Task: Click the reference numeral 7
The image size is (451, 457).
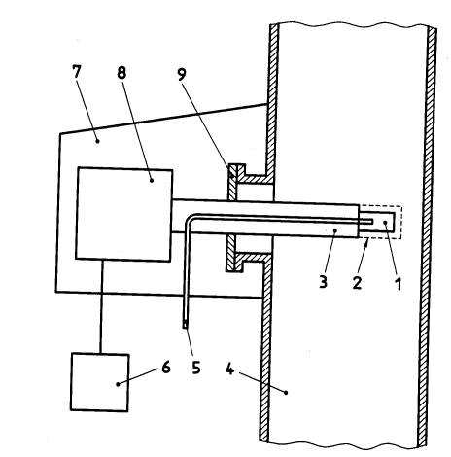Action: [76, 72]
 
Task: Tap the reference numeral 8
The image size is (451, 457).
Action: [121, 73]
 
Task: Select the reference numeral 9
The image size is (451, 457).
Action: [182, 75]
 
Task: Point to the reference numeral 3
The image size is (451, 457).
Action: [323, 281]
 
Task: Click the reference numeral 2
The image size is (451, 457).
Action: [357, 282]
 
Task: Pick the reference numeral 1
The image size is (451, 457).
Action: [398, 284]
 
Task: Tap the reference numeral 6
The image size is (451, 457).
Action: [166, 368]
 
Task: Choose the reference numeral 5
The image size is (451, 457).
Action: [196, 368]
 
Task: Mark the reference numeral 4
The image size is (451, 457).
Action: [229, 369]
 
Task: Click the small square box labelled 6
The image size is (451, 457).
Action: [100, 382]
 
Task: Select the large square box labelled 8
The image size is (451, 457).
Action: [123, 214]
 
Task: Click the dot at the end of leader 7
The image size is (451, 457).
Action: [97, 141]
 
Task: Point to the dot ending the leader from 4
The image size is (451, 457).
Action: [286, 393]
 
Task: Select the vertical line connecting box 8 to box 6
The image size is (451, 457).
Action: [101, 306]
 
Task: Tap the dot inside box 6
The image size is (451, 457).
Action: [118, 384]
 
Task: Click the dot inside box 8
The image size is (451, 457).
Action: [152, 180]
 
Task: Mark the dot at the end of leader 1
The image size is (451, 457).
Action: [385, 222]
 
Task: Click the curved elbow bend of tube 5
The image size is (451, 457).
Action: [189, 219]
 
